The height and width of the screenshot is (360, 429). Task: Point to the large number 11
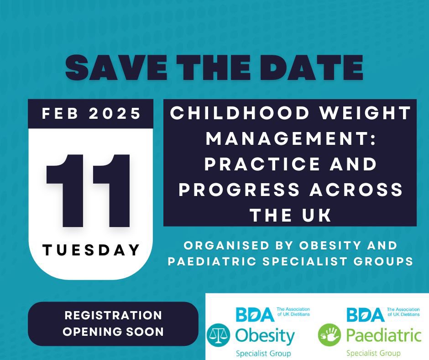(x=90, y=192)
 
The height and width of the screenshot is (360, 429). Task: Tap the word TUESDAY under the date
(x=91, y=249)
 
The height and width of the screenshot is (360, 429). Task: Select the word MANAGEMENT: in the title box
(x=290, y=138)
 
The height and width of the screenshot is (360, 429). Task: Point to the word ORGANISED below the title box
(x=225, y=246)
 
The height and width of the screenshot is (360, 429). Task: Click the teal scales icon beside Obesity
(x=219, y=335)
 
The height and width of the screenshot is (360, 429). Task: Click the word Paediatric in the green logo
(x=383, y=336)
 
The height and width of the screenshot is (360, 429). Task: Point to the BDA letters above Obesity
(x=255, y=315)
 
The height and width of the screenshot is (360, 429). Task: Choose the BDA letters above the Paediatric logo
(x=365, y=315)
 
